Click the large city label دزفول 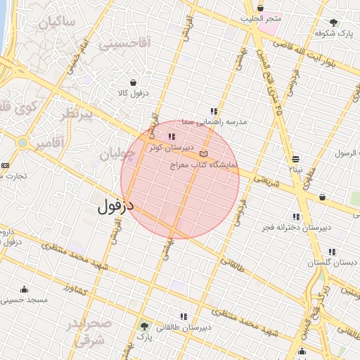tap(115, 207)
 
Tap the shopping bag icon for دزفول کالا tap(133, 82)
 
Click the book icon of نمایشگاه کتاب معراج tap(204, 153)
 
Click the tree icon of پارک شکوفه tap(333, 22)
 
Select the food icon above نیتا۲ tap(295, 158)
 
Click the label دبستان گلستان tap(328, 262)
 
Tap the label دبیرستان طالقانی tap(186, 328)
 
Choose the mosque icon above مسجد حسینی tap(25, 289)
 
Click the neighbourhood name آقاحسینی tap(124, 44)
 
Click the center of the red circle tap(180, 180)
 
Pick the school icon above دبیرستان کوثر tap(172, 137)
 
